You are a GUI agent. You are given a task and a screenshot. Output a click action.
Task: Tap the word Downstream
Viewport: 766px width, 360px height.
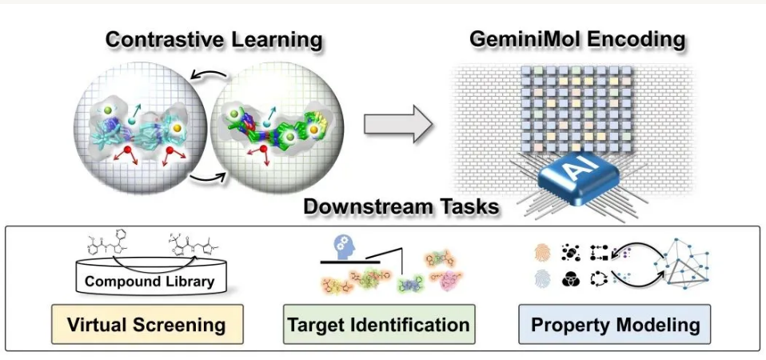[x=364, y=206]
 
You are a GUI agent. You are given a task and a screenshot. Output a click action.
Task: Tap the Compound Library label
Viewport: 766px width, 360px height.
[x=149, y=282]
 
